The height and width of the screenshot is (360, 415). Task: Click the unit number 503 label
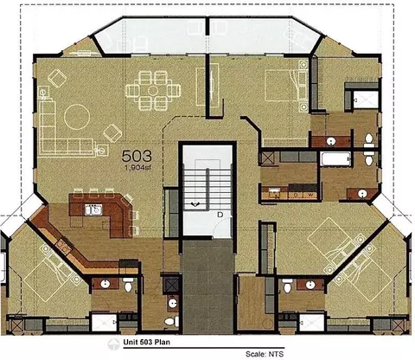137,156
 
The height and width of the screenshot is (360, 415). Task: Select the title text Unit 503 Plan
147,342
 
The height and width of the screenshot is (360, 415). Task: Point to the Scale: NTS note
265,354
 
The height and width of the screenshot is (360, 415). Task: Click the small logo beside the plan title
113,344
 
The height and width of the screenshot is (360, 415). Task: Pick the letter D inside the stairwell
220,215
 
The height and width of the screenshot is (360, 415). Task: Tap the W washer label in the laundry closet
310,195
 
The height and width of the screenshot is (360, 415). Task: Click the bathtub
335,159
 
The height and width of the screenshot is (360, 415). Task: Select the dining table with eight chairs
153,91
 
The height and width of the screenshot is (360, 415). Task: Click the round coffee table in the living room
77,117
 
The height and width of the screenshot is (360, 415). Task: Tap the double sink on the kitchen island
93,209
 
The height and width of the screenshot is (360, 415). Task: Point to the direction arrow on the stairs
196,204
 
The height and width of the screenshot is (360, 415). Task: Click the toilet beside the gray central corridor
170,321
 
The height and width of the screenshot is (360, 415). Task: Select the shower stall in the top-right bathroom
366,100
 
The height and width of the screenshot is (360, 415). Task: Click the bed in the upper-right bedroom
286,86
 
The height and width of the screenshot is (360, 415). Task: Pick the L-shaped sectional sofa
67,128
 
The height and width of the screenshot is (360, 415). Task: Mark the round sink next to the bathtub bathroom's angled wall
362,194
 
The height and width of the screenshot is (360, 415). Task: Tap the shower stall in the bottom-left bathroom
104,322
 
